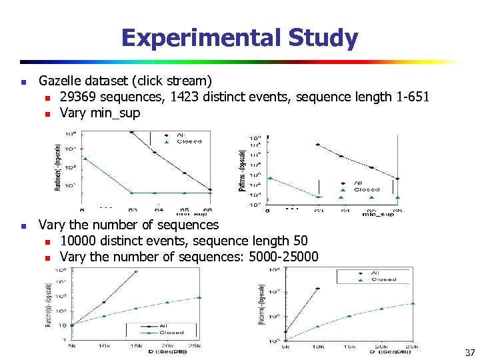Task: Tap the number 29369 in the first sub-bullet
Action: (79, 97)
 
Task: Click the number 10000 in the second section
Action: (79, 241)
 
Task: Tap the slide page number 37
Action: (469, 352)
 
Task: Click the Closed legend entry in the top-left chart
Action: (189, 141)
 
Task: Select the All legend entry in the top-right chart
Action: (358, 183)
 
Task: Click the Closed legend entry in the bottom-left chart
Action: (171, 332)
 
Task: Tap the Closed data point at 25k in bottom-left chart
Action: (199, 297)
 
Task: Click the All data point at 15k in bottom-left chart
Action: (136, 271)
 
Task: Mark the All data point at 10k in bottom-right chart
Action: (317, 289)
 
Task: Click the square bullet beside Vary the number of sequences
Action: (23, 226)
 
